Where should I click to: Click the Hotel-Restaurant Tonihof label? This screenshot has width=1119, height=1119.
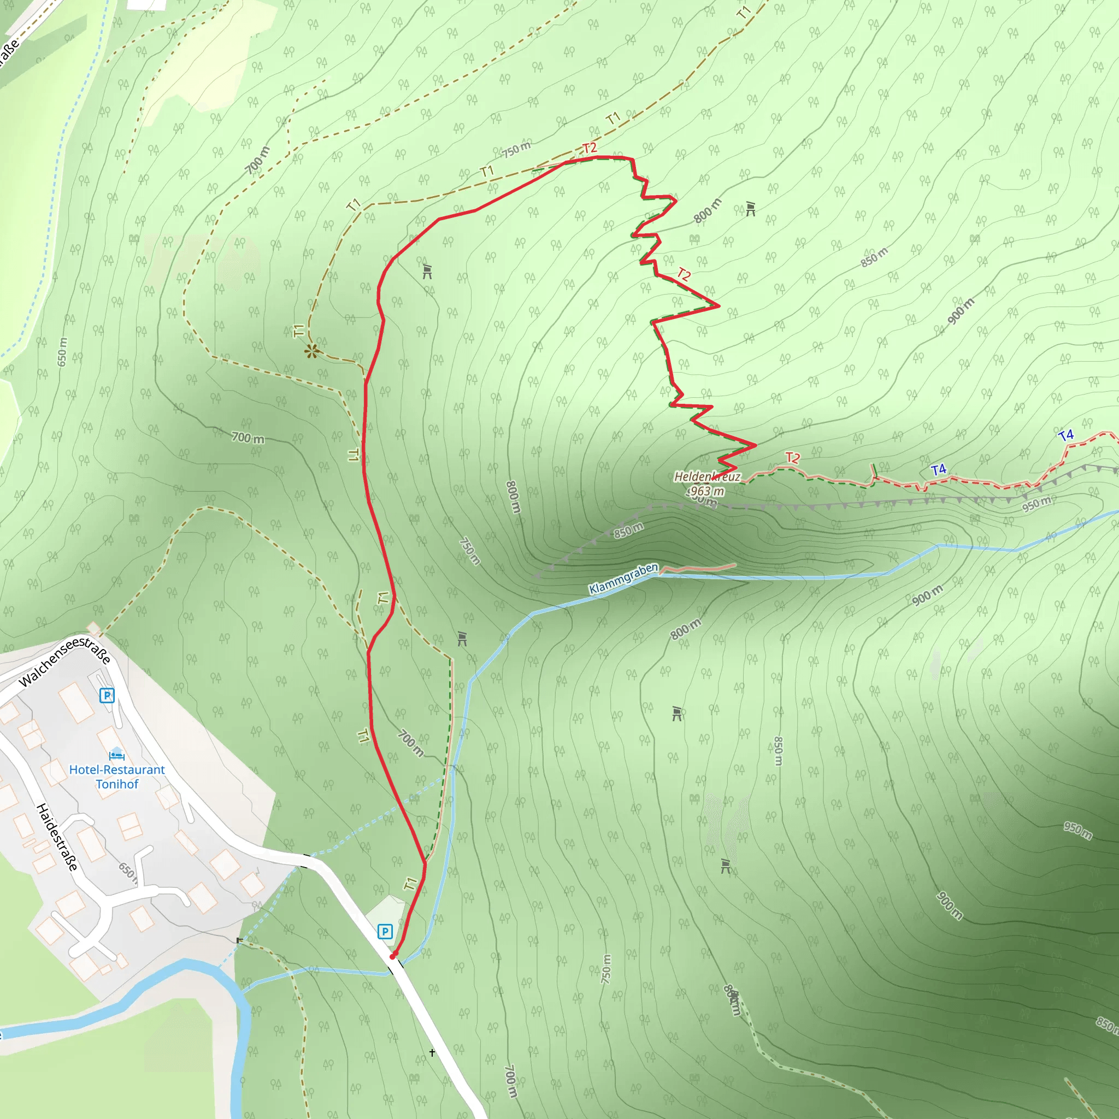[117, 777]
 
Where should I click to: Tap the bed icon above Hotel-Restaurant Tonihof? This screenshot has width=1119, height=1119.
[116, 755]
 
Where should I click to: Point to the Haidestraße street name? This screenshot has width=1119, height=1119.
[57, 837]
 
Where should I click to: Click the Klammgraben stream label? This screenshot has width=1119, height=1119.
[623, 578]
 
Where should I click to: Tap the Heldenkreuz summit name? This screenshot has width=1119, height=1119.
[707, 476]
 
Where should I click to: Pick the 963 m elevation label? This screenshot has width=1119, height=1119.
[706, 491]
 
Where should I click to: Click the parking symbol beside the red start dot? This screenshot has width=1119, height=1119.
[385, 932]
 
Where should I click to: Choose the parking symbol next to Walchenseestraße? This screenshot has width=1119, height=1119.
[107, 695]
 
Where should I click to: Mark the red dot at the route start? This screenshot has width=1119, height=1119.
[393, 956]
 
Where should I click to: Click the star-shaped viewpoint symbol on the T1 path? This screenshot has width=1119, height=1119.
[312, 350]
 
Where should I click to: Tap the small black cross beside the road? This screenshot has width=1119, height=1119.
[432, 1052]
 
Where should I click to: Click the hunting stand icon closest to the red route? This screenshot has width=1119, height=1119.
[427, 271]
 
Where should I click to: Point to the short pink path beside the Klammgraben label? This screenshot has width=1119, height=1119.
[698, 568]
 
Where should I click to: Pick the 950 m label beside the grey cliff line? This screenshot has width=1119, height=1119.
[1036, 504]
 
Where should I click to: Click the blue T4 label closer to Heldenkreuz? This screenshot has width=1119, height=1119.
[938, 469]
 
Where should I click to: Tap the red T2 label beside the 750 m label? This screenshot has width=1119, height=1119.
[590, 148]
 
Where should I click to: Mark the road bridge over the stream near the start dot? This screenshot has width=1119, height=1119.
[396, 964]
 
